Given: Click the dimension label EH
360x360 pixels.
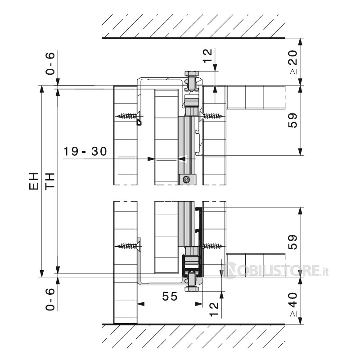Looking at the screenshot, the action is click(x=34, y=181).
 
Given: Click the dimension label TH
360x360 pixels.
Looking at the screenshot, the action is click(x=50, y=181).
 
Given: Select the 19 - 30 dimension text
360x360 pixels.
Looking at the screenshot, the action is click(x=85, y=151).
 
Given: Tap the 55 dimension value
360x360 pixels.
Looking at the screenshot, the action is click(x=170, y=296).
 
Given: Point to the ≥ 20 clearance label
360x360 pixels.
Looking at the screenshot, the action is click(x=293, y=62).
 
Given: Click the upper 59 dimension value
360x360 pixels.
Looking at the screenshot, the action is click(x=293, y=121).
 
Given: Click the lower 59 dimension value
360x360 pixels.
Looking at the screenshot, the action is click(x=293, y=242).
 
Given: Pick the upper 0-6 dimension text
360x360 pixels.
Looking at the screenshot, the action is click(x=50, y=63).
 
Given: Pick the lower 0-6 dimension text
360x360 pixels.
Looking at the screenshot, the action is click(x=50, y=299).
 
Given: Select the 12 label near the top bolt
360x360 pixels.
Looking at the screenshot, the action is click(x=208, y=55).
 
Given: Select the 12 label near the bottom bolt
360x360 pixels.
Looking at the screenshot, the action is click(x=214, y=309).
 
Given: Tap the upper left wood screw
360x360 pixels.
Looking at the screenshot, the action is click(x=129, y=116).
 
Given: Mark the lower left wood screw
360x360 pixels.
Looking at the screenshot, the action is click(x=129, y=247).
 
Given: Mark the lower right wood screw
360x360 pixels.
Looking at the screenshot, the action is click(x=213, y=247).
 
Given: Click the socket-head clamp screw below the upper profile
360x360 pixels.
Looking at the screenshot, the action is click(x=186, y=179).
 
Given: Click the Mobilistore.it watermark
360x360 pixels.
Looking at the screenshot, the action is click(x=275, y=270).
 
